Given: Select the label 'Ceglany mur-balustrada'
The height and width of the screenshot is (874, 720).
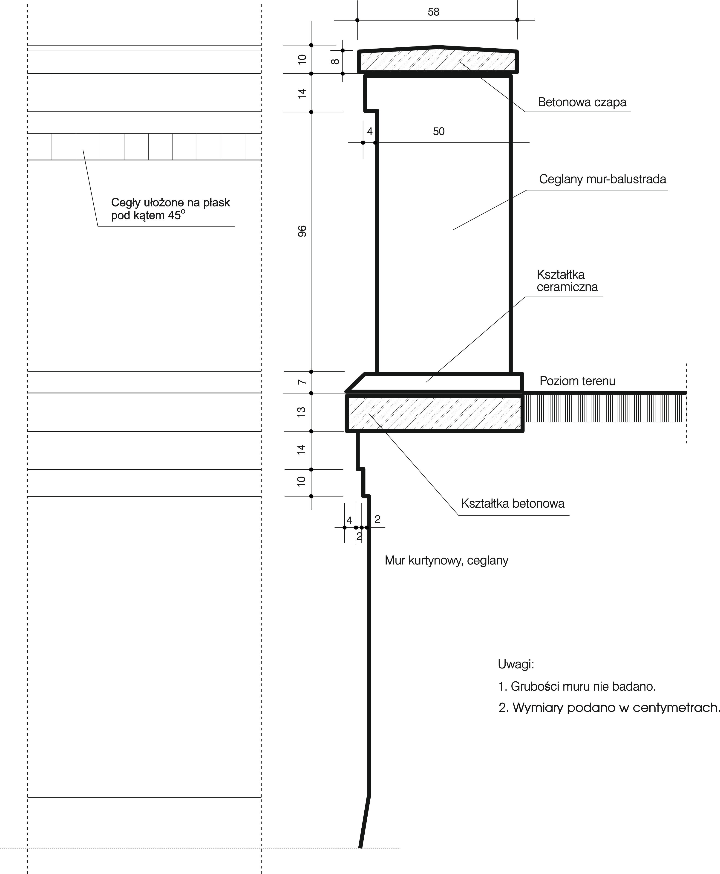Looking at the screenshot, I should pos(602,179).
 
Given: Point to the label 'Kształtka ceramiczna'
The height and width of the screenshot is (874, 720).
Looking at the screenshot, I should pos(567,281).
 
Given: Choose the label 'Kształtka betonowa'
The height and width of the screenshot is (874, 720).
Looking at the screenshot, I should pos(513,504).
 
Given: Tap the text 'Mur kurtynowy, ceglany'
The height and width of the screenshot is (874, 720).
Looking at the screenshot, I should pos(446,560).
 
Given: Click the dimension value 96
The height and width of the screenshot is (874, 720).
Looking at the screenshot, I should pos(302,231).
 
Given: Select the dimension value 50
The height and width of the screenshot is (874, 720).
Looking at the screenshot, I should pos(438,131).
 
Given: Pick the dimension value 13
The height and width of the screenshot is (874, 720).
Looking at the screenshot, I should pos(302,412).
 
